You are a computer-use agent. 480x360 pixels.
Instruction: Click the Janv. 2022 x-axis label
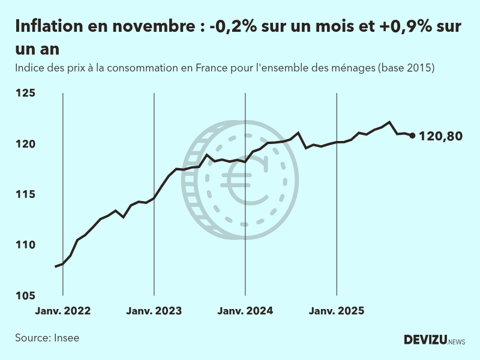63,311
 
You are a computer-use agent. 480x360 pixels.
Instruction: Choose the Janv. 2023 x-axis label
154,311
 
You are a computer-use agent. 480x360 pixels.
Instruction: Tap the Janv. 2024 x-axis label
245,311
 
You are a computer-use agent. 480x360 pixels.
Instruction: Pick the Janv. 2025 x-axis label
337,311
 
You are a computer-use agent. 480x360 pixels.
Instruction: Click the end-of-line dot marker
412,136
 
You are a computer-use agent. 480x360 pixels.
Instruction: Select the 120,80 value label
441,136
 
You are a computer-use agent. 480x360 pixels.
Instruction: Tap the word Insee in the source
67,338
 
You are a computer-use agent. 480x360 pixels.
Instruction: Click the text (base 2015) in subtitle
406,68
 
